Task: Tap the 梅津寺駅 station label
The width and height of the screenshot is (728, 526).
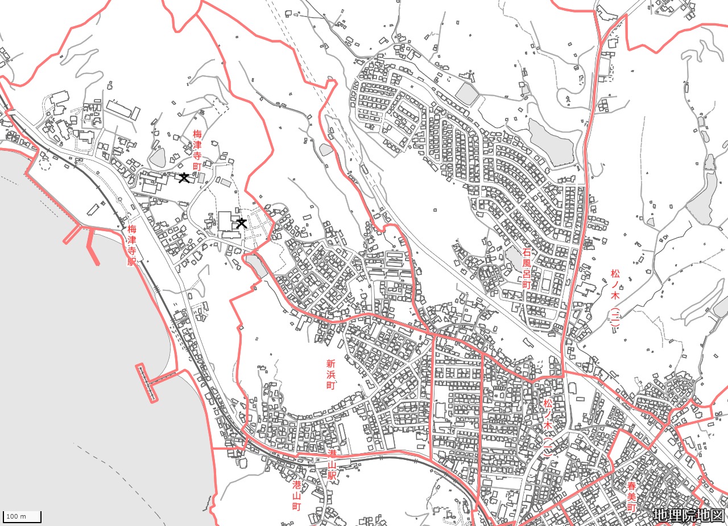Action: click(132, 245)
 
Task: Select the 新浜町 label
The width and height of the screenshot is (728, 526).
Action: click(330, 374)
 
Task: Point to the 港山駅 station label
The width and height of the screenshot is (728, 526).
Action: click(332, 466)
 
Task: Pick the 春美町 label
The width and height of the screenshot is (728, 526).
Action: click(631, 497)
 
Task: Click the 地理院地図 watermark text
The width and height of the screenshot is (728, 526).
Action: click(689, 515)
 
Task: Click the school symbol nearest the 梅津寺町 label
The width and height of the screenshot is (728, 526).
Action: click(184, 178)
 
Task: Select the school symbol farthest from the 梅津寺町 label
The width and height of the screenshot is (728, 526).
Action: click(242, 223)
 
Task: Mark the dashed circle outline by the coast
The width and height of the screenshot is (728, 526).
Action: click(45, 165)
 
